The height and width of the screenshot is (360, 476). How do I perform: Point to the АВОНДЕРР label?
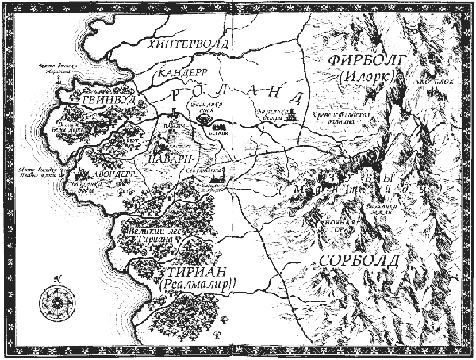click(x=98, y=171)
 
